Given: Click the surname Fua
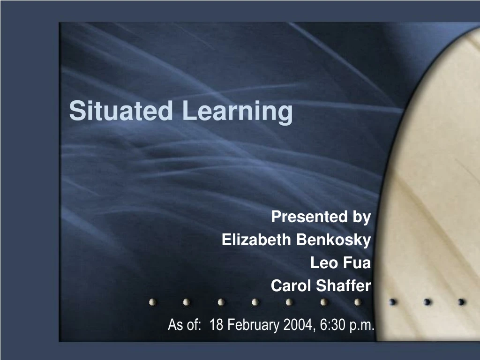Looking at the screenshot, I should click(356, 263).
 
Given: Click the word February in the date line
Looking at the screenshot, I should click(253, 324).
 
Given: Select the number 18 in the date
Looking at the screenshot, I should click(217, 324).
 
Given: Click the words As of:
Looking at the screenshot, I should click(183, 324).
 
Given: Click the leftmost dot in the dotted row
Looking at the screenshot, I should click(152, 302).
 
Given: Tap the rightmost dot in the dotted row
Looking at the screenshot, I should click(461, 302).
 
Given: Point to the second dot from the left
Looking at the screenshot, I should click(187, 302).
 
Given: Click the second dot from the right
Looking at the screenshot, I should click(427, 302).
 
